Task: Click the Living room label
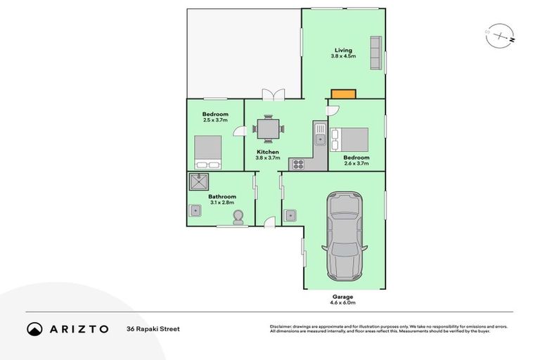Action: [343, 51]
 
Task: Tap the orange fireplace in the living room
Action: [344, 93]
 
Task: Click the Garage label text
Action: [344, 297]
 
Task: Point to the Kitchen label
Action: [268, 152]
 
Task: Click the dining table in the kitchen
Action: [268, 129]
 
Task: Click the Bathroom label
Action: [222, 197]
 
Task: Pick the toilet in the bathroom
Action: [238, 216]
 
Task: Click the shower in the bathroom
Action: [199, 183]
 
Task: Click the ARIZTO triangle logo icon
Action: [35, 328]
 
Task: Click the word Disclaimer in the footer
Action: [281, 326]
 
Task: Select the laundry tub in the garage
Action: [290, 214]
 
